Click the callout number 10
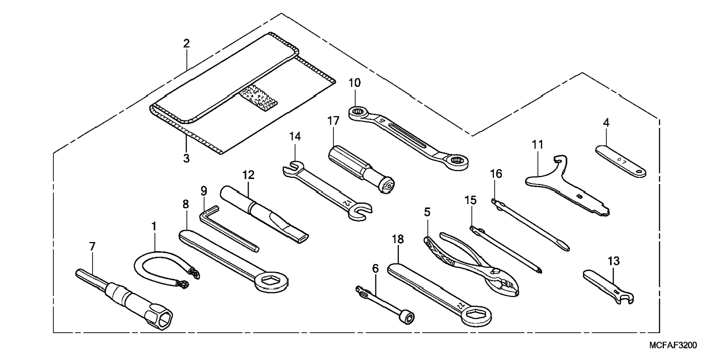(355, 83)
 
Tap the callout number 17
(333, 121)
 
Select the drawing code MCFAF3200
(673, 345)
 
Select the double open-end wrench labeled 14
(328, 189)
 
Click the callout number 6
(375, 269)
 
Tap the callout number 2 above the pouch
(186, 44)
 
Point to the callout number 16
(496, 174)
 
